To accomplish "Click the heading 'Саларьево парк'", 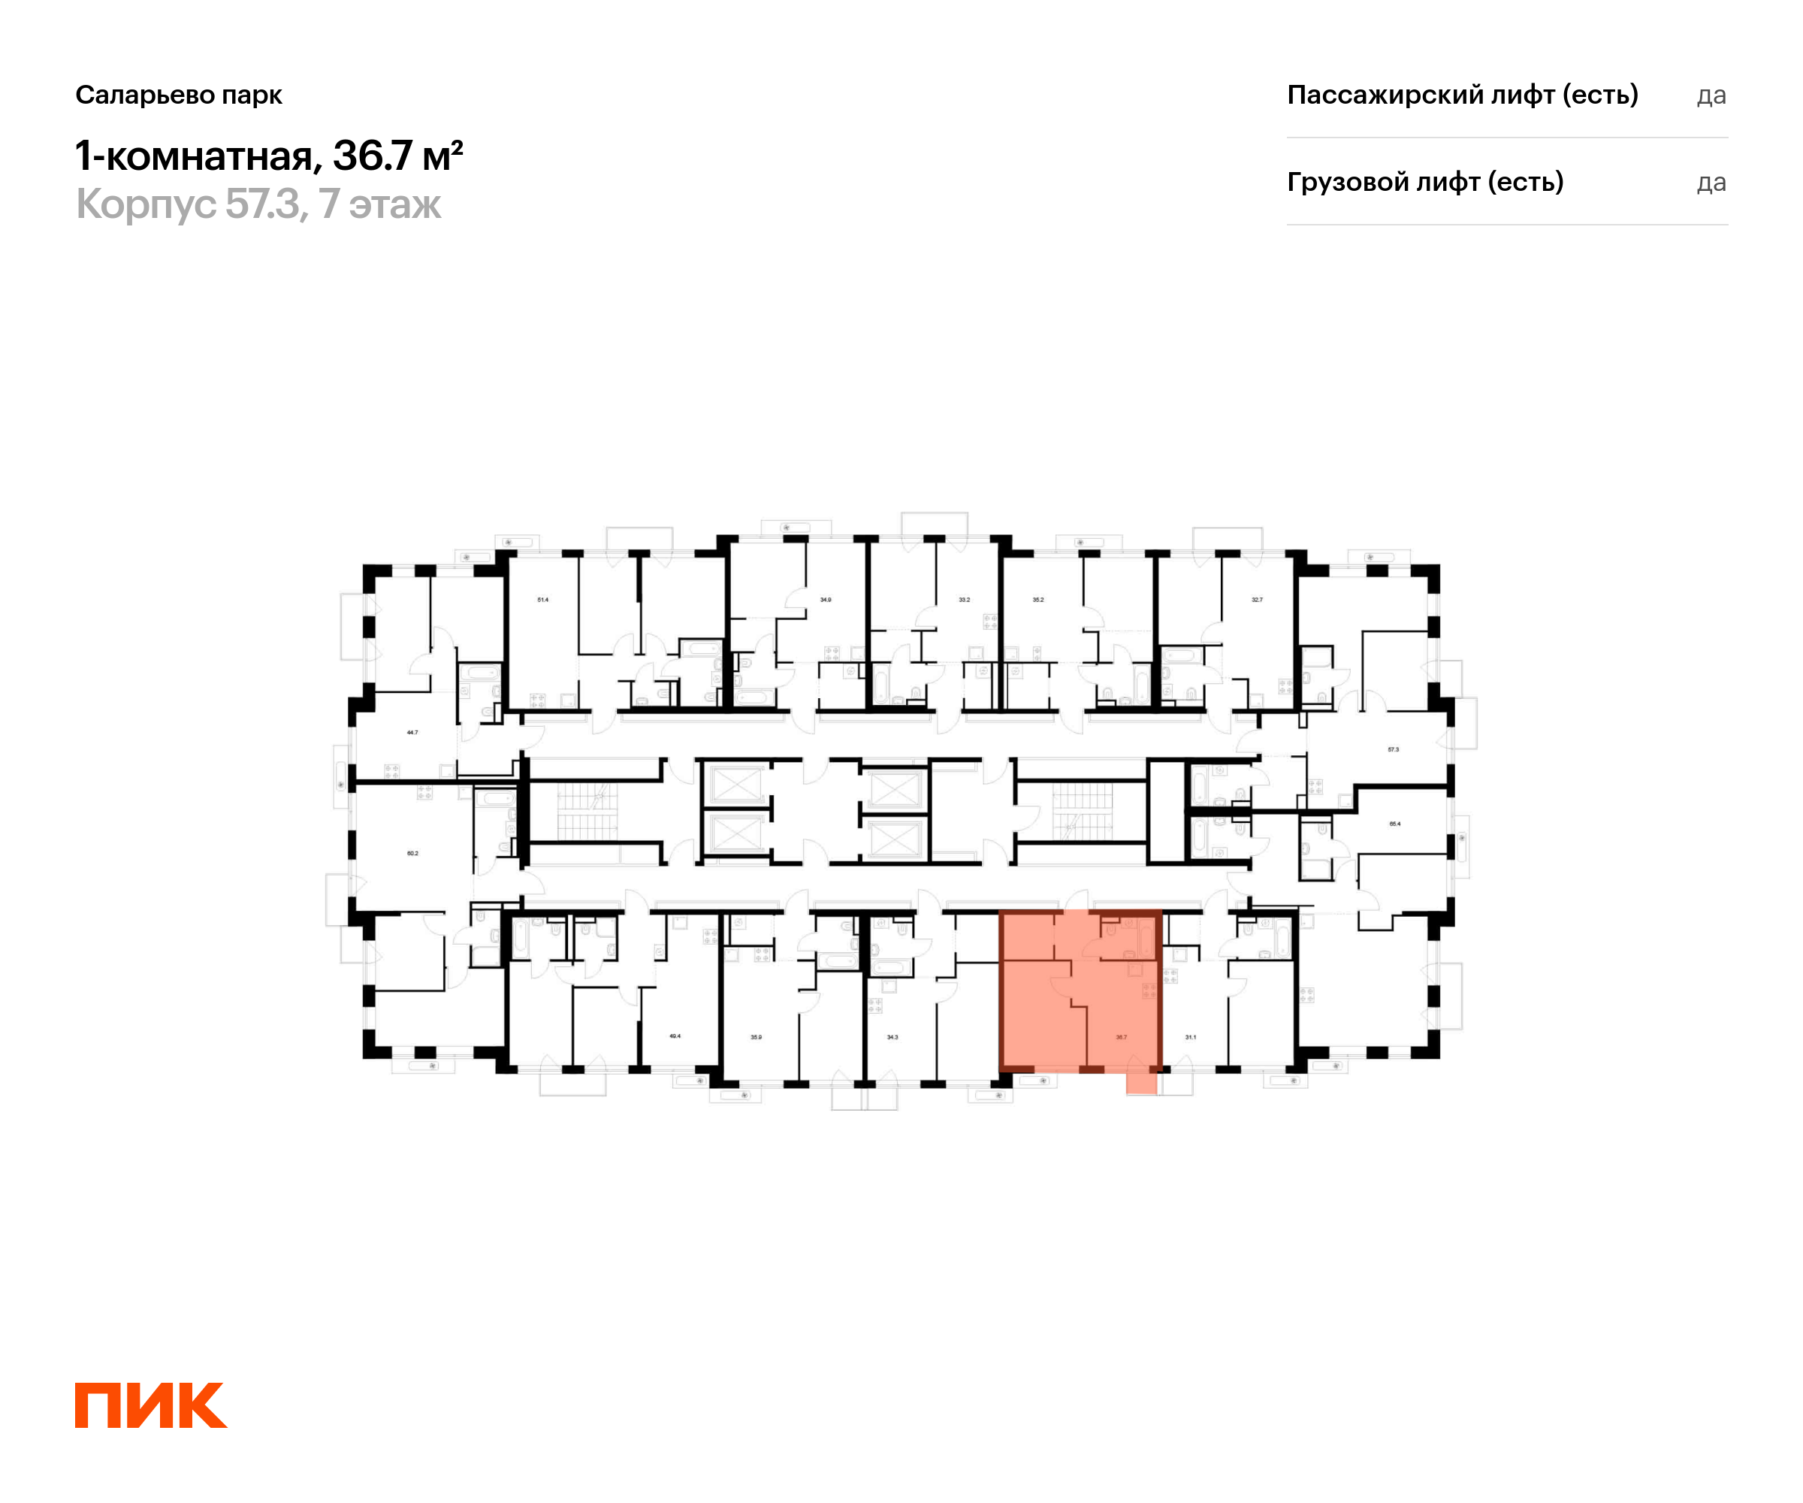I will tap(179, 95).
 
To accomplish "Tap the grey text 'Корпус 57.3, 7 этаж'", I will tap(258, 204).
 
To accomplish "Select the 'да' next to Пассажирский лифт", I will tap(1711, 95).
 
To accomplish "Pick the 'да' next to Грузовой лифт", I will tap(1711, 183).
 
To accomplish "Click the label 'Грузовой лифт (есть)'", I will tap(1424, 182).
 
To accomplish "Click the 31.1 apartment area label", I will tap(1190, 1038).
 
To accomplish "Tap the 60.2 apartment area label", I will tap(412, 854).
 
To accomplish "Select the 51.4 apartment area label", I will tap(542, 600).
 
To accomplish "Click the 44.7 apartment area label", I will tap(412, 733).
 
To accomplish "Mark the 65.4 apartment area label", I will tap(1394, 824).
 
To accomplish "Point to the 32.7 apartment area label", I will tap(1257, 600).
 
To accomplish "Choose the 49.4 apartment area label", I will tap(675, 1036).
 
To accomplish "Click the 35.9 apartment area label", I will tap(756, 1038).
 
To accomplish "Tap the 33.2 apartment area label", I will tap(964, 600).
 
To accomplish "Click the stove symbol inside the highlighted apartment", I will tap(1148, 991).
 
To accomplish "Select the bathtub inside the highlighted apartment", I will tap(1146, 939).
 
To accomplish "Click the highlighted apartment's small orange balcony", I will tap(1141, 1083).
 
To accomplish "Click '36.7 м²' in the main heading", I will tap(398, 156).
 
